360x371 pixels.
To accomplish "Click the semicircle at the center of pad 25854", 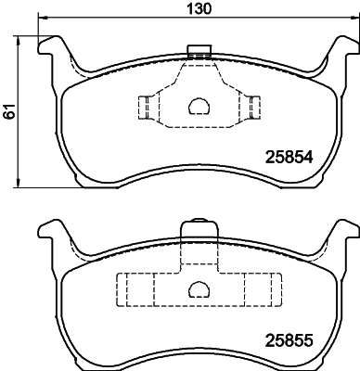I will click(198, 107).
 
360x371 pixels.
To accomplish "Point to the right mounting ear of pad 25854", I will click(338, 50).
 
